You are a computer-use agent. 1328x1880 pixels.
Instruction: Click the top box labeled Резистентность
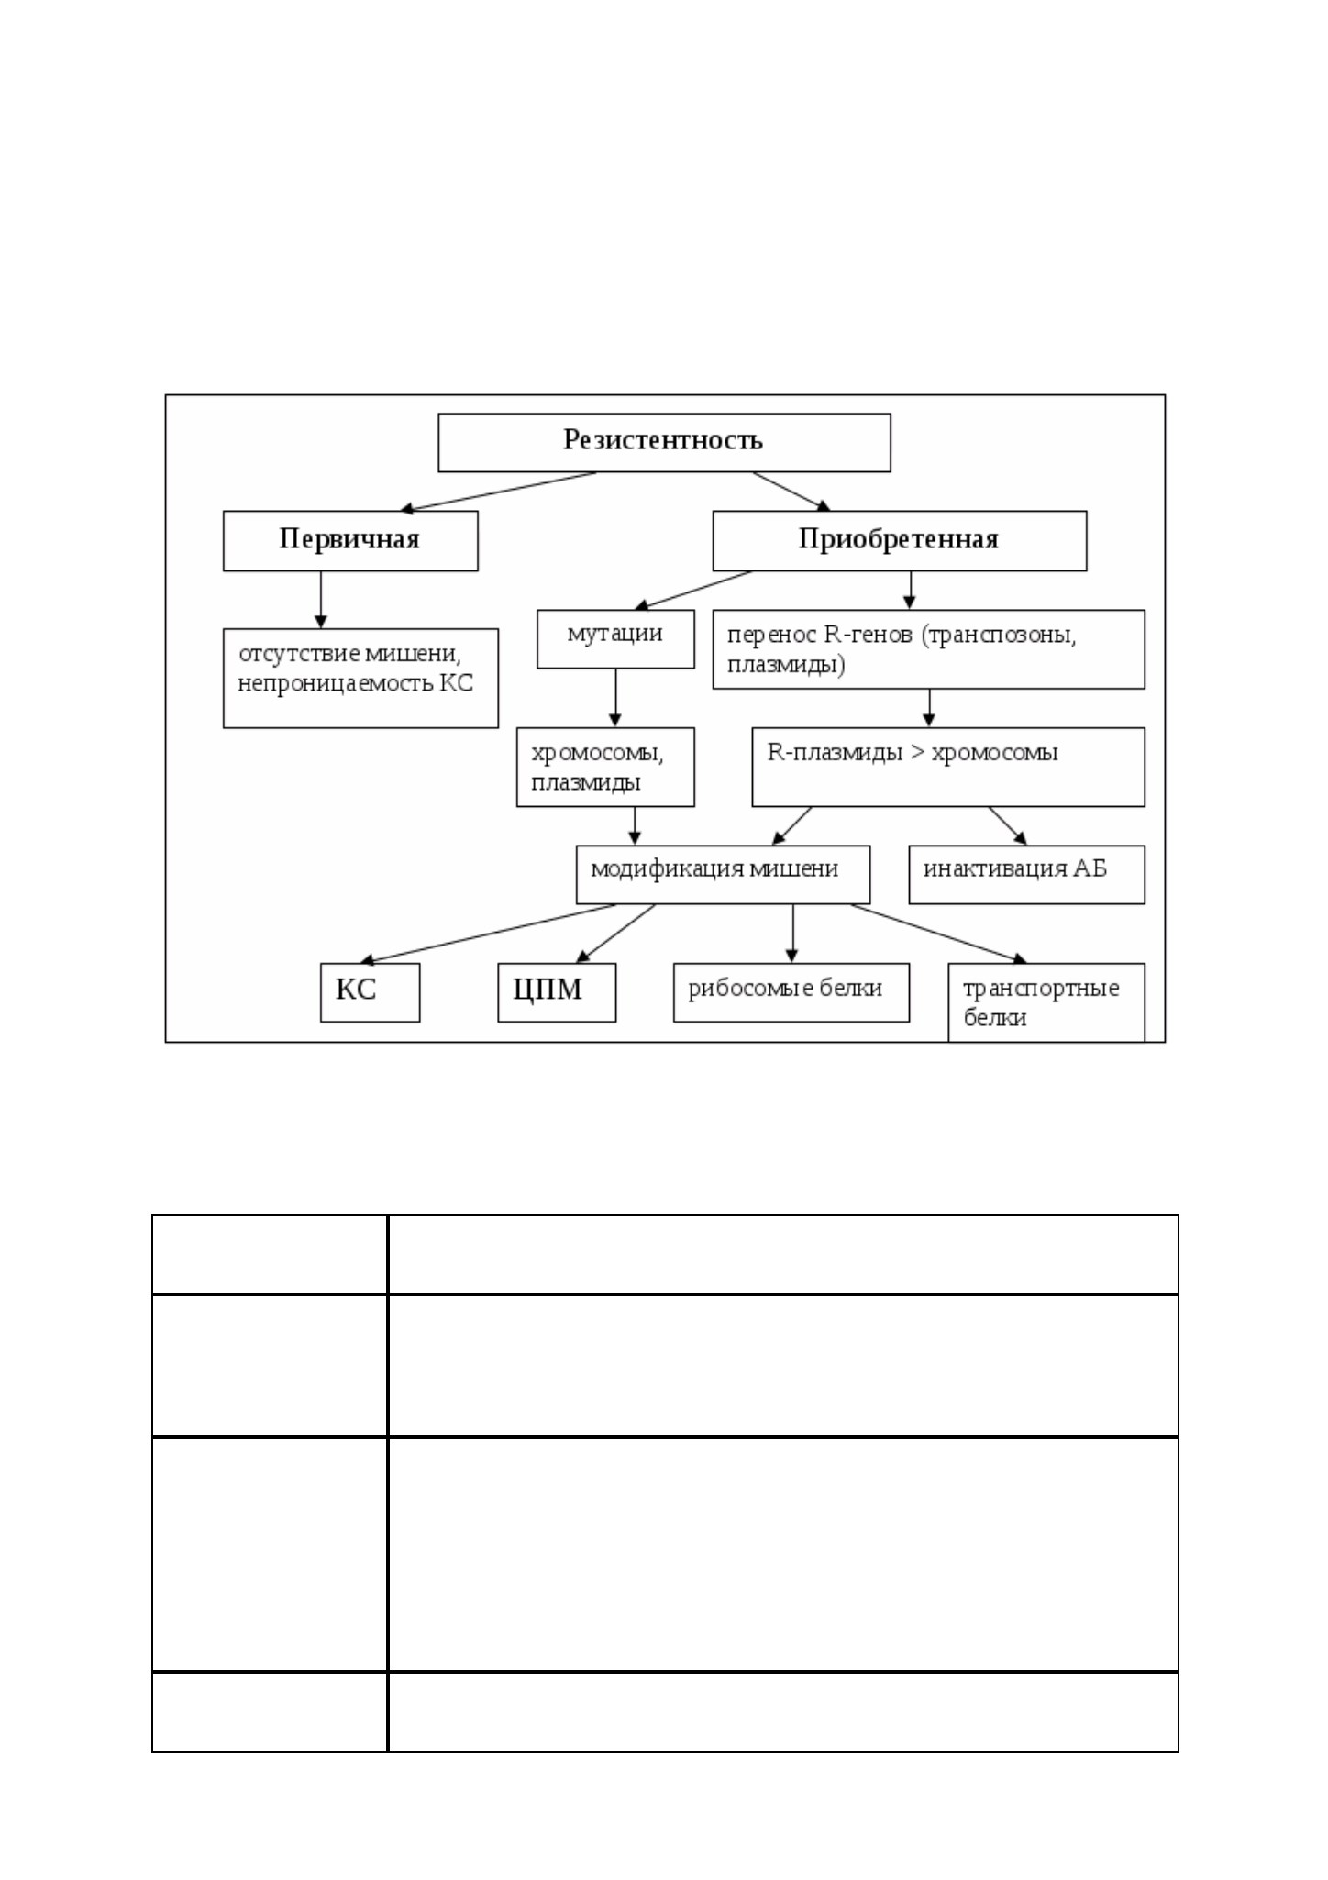point(664,442)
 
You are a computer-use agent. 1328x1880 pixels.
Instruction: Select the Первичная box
point(350,541)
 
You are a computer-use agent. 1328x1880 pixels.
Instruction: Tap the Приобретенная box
point(900,541)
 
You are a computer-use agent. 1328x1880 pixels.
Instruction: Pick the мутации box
point(615,639)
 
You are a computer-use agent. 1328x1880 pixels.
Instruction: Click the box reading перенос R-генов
point(929,649)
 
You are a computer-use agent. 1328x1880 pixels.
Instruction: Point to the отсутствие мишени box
point(360,679)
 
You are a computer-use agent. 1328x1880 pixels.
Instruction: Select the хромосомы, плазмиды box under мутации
point(605,768)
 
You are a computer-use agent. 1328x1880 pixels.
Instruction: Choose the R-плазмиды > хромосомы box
point(948,768)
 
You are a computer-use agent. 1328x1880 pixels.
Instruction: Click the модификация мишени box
point(723,875)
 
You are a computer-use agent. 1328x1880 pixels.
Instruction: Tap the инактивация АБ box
point(1026,875)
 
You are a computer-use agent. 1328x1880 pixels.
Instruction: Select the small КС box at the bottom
point(370,992)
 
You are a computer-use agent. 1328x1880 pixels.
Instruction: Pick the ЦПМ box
point(557,992)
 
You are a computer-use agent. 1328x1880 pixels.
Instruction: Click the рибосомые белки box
point(791,992)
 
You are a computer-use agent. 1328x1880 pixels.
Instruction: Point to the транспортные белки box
point(1046,1002)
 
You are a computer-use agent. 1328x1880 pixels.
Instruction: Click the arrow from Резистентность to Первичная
point(498,492)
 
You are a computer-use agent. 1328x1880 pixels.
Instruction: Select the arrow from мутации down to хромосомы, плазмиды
point(615,698)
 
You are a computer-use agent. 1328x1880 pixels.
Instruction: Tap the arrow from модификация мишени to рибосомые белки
point(792,934)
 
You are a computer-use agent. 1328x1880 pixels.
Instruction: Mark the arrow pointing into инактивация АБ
point(1008,826)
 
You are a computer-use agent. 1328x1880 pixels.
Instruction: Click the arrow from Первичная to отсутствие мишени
point(321,600)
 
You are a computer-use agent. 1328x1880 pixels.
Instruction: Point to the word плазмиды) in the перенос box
point(786,665)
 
